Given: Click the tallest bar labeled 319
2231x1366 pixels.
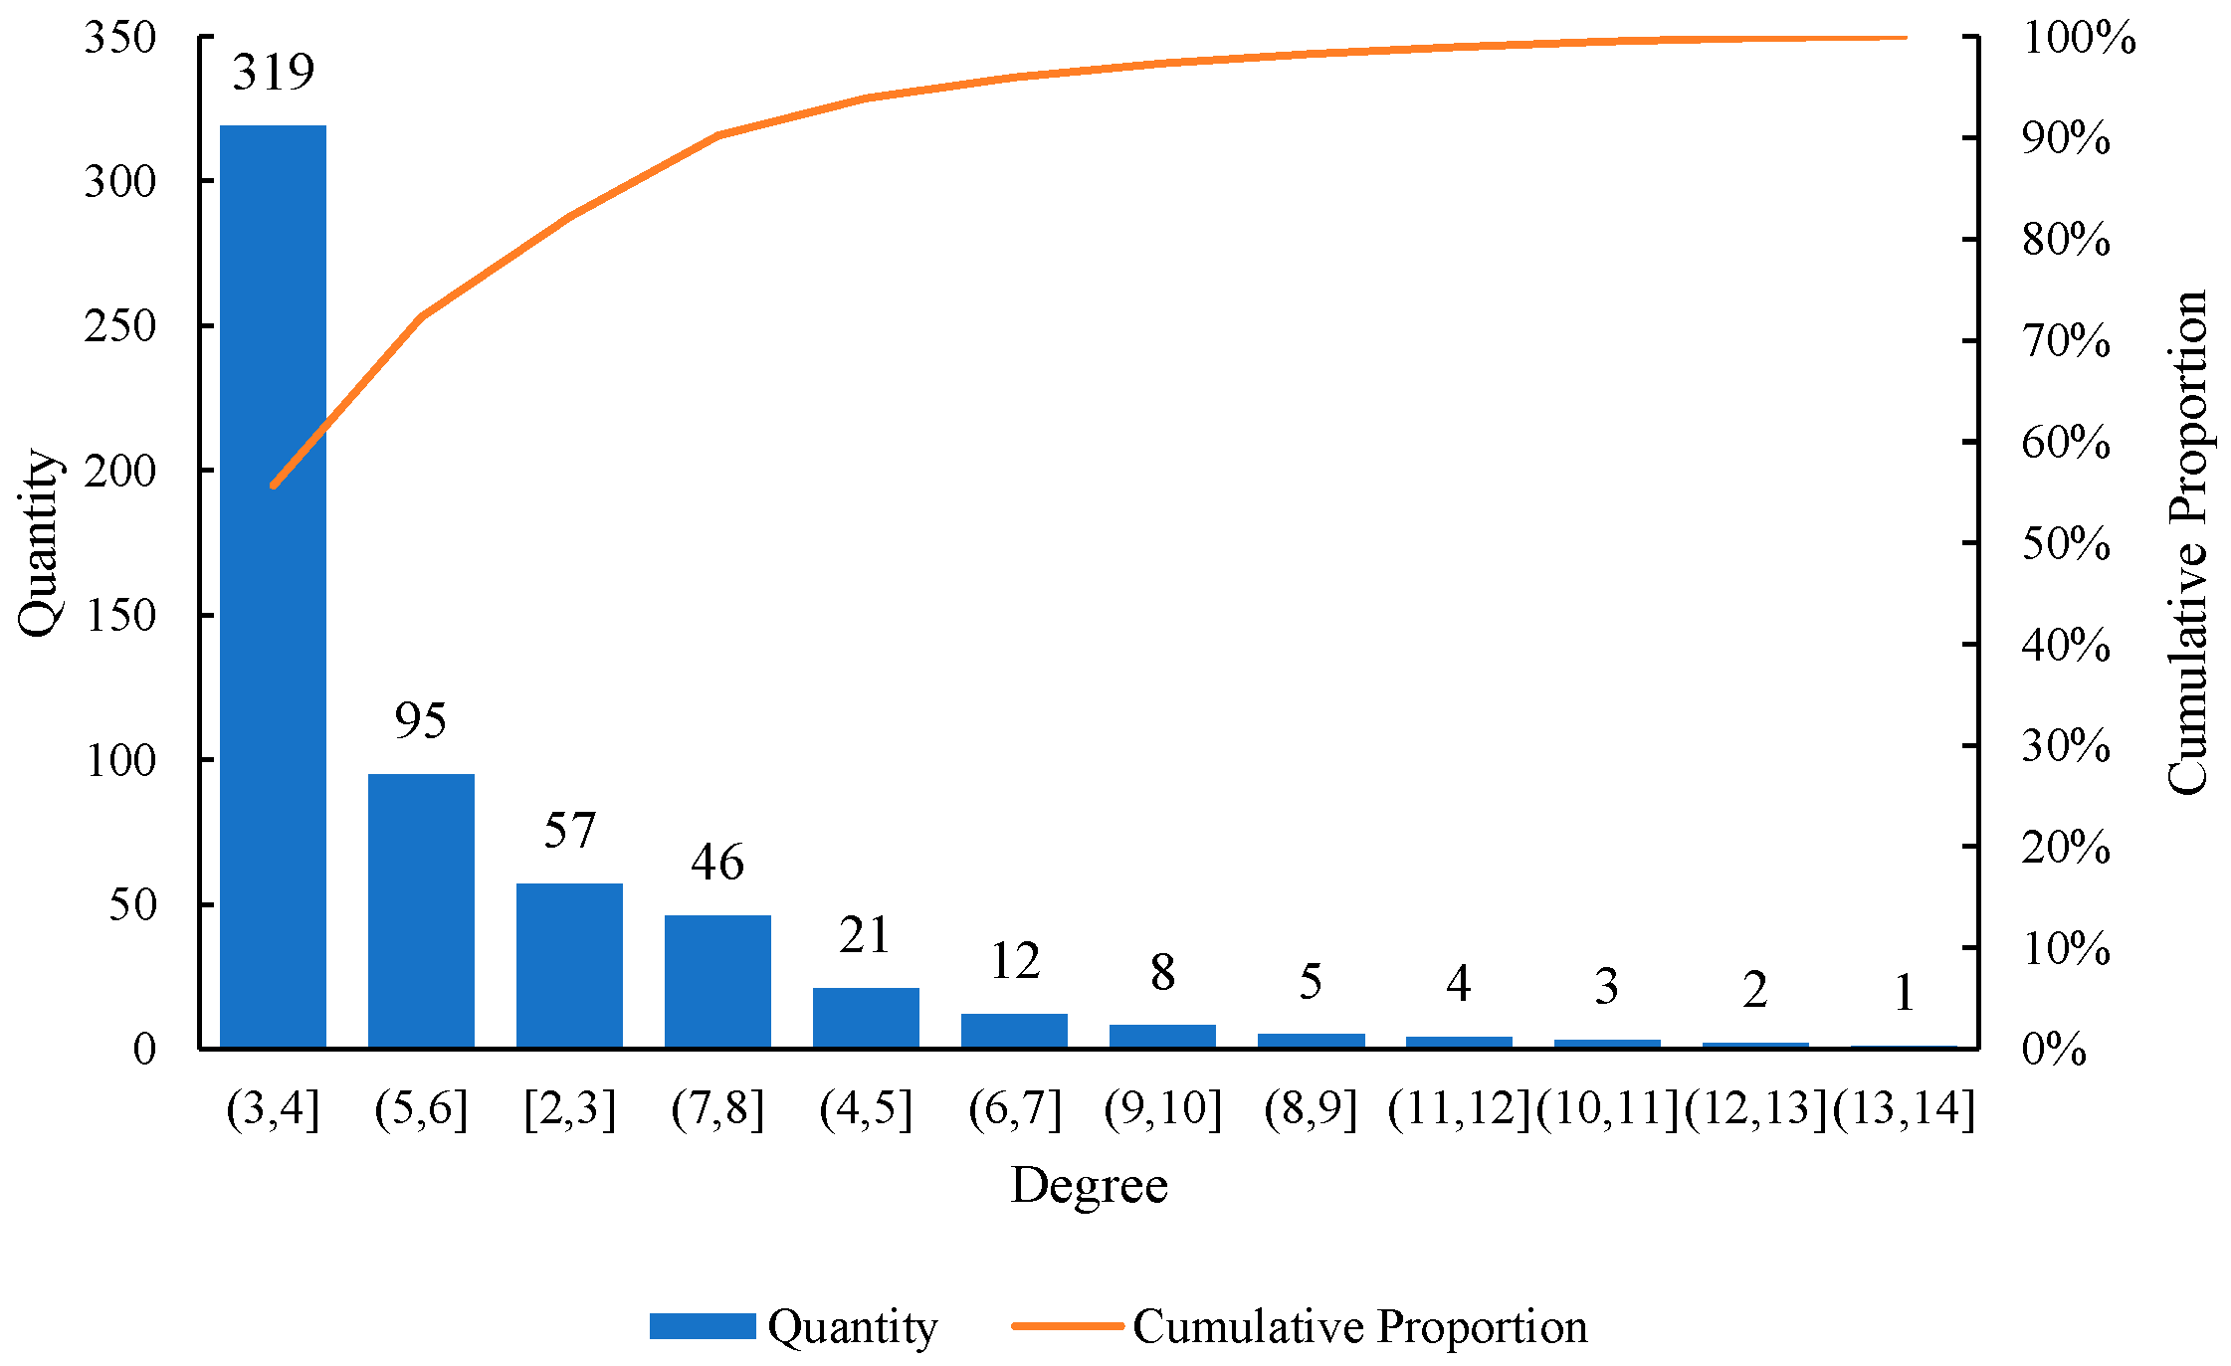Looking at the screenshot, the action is (x=273, y=586).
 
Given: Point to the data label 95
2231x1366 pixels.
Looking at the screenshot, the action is (x=420, y=720).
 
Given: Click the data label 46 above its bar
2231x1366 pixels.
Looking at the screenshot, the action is (x=717, y=862).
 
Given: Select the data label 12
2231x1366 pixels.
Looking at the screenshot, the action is (x=1014, y=961).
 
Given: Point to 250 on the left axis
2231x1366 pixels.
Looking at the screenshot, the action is (x=120, y=325).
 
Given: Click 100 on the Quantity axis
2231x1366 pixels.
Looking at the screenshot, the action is (x=120, y=760).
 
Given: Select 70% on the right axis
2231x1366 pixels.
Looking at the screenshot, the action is (x=2066, y=341).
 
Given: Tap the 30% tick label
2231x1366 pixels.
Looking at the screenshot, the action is (x=2066, y=745).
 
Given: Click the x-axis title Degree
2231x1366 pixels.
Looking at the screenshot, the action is (x=1090, y=1186).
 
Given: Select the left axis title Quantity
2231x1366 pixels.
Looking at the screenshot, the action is (x=40, y=542).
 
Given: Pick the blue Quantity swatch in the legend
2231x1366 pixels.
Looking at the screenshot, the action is (x=703, y=1326).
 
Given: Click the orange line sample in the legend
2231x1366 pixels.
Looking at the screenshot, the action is (x=1067, y=1326).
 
